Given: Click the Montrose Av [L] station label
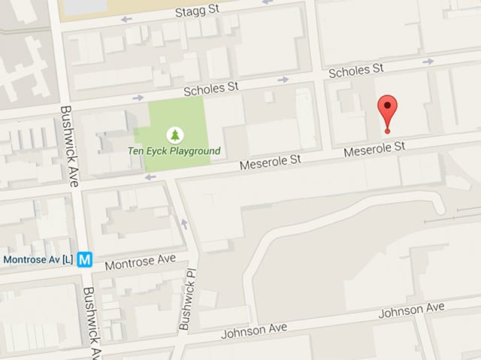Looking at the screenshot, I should coord(38,260).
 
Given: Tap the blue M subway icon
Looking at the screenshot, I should coord(85,260).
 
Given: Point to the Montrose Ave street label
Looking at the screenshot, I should coord(140,261).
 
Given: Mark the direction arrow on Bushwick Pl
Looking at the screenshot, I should coord(184,224).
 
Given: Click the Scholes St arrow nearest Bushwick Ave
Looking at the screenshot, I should coord(138,98).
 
